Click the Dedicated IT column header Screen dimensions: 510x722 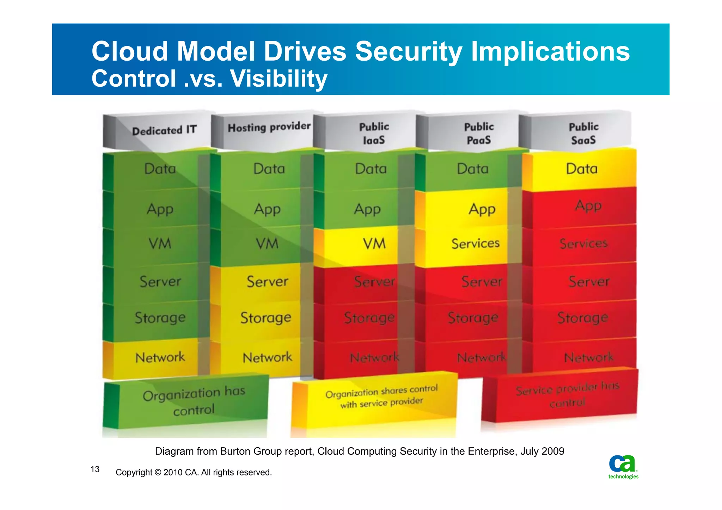click(164, 131)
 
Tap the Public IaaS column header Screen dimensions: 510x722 click(374, 134)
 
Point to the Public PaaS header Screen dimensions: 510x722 click(478, 134)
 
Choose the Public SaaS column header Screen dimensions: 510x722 click(583, 134)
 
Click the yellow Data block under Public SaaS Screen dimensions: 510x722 click(582, 169)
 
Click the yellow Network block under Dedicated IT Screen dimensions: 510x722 click(159, 358)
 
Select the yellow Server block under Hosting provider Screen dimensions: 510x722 click(267, 282)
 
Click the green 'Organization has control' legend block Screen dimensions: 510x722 click(193, 401)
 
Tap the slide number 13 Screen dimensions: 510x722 click(95, 469)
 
